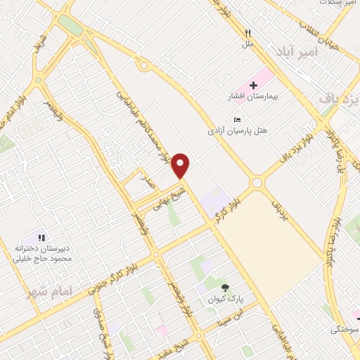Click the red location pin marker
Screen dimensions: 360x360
(x=181, y=166)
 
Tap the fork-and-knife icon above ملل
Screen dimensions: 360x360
(x=247, y=33)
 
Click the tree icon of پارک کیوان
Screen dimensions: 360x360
(x=225, y=287)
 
